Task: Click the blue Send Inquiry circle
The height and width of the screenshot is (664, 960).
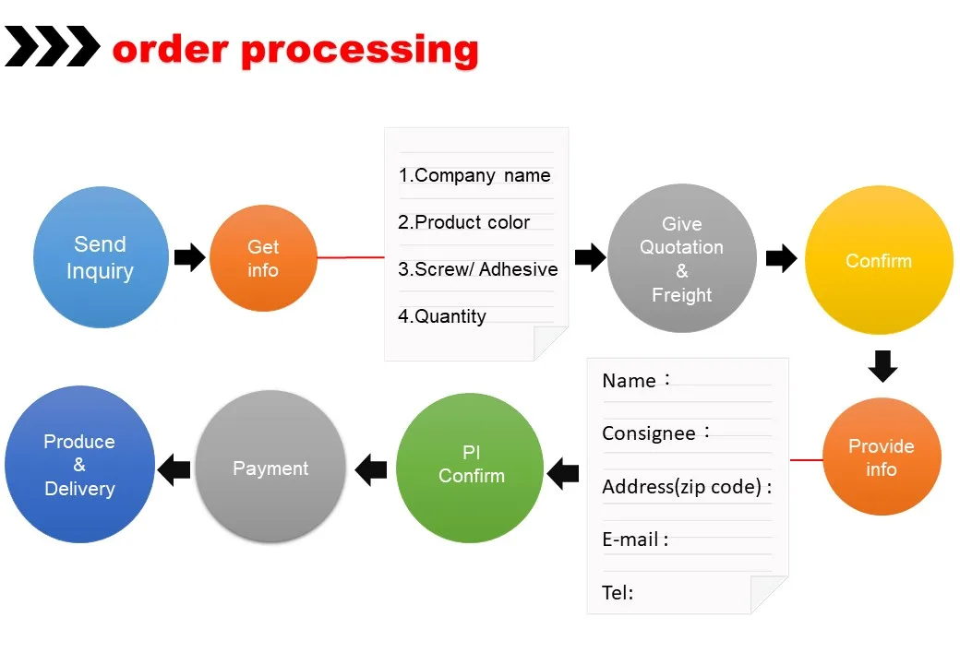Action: (101, 257)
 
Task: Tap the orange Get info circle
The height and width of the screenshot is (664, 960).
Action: (263, 258)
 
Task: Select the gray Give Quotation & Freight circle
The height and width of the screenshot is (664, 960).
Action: (682, 258)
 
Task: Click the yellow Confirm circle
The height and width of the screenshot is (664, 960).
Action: (879, 260)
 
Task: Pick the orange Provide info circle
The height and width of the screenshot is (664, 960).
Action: (882, 456)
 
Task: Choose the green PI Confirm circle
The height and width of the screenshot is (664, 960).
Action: (470, 468)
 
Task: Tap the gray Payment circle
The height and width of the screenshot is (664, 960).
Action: (270, 467)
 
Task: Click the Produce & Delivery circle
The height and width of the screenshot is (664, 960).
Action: (79, 464)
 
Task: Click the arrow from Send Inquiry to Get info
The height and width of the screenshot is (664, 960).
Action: (190, 257)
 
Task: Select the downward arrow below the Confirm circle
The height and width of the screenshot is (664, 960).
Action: (882, 366)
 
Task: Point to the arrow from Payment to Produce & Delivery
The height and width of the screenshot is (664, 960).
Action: (174, 469)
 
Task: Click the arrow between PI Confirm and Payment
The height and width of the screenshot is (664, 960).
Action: (371, 469)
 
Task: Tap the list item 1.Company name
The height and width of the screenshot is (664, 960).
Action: (474, 175)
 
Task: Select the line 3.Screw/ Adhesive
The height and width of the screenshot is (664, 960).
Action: (477, 269)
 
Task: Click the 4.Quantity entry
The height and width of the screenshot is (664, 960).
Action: (442, 316)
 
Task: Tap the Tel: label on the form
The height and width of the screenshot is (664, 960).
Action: (618, 592)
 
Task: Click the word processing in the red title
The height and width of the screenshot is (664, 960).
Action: (360, 51)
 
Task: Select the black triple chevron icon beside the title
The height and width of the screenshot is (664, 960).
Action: (52, 46)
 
